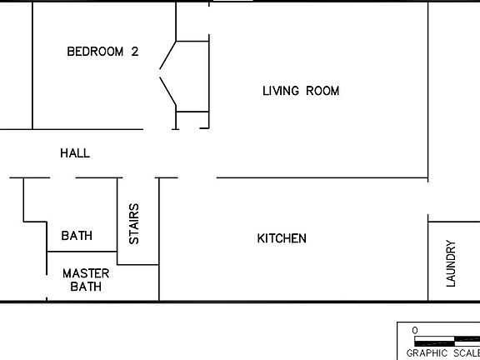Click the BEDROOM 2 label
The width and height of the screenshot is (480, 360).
[102, 52]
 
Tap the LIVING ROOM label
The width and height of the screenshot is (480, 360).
[301, 91]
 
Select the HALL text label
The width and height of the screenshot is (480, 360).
[75, 153]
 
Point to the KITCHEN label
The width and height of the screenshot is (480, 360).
[281, 239]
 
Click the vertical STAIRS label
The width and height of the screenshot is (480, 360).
[134, 224]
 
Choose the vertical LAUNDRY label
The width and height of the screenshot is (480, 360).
[452, 263]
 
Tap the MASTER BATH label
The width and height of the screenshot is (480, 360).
[81, 280]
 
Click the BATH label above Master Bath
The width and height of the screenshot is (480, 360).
[77, 237]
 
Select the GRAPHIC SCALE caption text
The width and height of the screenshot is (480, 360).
[442, 352]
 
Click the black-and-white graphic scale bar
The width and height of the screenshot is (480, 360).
[447, 341]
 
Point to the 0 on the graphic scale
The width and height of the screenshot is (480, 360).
[415, 331]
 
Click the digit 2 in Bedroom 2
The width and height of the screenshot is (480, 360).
[134, 52]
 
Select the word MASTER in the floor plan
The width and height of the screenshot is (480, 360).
[81, 273]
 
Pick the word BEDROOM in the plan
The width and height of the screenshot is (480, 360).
[95, 52]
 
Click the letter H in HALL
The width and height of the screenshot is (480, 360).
[64, 153]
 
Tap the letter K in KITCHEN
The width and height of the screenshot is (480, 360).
[260, 239]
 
